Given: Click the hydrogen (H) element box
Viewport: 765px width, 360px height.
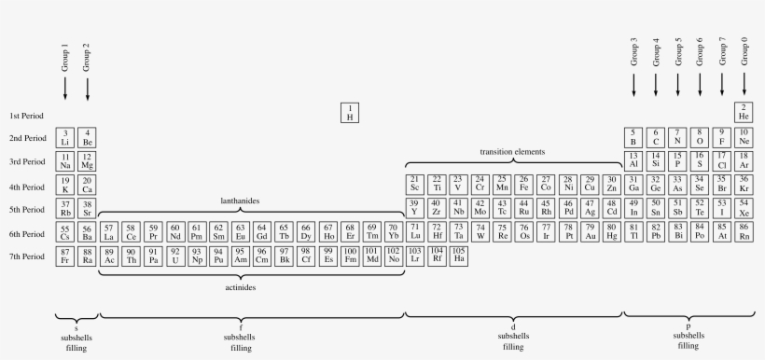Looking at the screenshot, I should [x=350, y=113].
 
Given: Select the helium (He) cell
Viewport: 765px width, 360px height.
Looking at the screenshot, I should [x=744, y=112].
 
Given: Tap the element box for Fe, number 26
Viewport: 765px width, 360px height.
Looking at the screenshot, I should [x=523, y=183].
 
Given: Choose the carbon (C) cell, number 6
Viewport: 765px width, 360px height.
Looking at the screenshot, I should [x=656, y=137].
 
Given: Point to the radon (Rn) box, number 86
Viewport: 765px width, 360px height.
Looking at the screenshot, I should [x=744, y=230].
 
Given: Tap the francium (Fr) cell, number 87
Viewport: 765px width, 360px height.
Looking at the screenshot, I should [x=64, y=255].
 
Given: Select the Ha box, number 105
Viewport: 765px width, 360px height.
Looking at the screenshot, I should [x=459, y=255].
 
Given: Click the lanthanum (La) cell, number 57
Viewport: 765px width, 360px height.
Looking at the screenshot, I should [x=108, y=231].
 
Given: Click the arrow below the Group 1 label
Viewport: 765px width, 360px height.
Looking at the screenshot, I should [x=64, y=88].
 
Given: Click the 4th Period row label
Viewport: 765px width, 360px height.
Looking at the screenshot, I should [x=27, y=186].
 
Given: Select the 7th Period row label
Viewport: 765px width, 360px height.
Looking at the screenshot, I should [x=27, y=256].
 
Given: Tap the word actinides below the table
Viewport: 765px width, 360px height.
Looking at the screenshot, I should [x=239, y=288].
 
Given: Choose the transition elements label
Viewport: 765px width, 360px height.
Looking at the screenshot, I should [x=512, y=152].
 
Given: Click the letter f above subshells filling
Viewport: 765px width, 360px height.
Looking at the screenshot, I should [x=241, y=325].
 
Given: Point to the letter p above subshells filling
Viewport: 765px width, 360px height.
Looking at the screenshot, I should [x=688, y=325].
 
